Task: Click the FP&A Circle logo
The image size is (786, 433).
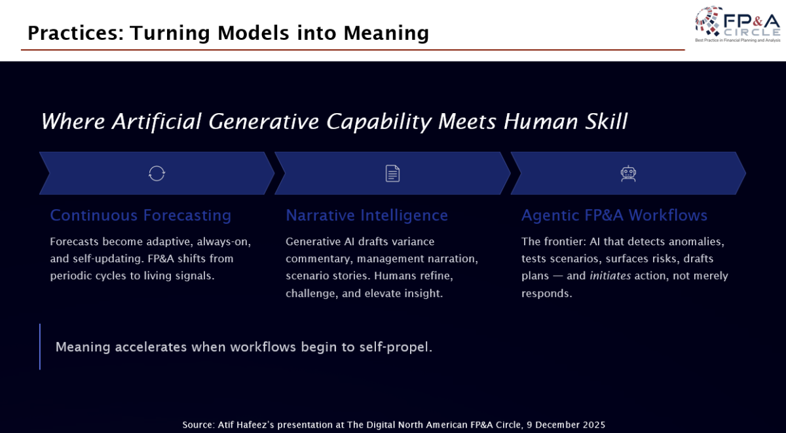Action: [738, 24]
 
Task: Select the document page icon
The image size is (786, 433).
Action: [392, 173]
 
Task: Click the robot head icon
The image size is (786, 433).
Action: [628, 173]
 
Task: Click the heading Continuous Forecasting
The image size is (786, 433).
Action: [140, 215]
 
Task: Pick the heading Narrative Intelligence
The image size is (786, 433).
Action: [367, 215]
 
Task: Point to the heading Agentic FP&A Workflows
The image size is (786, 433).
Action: [614, 215]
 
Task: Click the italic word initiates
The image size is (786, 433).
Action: [610, 276]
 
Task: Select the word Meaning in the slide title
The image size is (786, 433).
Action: [386, 33]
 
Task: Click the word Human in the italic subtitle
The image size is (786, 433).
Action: [541, 122]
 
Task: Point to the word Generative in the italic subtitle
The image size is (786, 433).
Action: [263, 122]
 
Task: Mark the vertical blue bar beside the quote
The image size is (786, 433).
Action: [40, 347]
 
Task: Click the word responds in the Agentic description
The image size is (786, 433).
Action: [546, 294]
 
